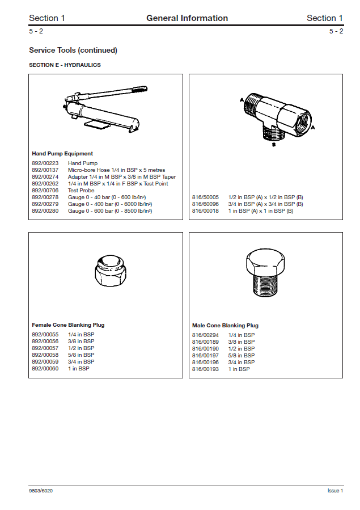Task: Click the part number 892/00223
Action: pos(45,163)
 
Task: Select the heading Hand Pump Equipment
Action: pos(62,154)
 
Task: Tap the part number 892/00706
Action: pos(45,191)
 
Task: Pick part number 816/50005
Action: pos(205,197)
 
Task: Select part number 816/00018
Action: pos(205,211)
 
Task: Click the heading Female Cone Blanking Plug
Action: pos(68,325)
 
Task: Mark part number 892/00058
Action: pos(45,355)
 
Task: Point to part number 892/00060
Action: pos(45,369)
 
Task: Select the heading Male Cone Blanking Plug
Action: pos(225,326)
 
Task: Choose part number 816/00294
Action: pos(205,335)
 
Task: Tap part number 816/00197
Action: pos(205,356)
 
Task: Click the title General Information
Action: pos(187,18)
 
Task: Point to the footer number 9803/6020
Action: pos(41,491)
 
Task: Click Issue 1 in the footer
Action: pos(335,491)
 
